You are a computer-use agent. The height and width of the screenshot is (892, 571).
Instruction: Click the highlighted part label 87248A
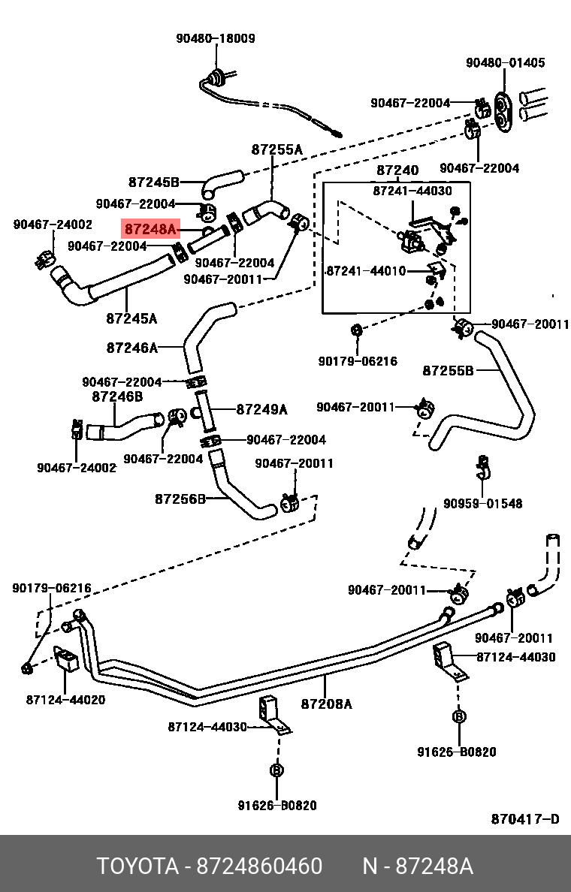point(150,228)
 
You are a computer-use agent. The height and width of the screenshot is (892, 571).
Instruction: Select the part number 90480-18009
point(216,38)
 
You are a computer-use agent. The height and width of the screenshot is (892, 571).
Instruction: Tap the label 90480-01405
point(505,63)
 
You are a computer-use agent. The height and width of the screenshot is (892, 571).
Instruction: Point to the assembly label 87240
point(397,171)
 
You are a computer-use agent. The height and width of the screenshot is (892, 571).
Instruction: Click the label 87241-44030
point(412,191)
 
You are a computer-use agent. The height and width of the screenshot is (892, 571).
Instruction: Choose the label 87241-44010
point(365,270)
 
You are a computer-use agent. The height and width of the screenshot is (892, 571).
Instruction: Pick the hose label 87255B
point(448,370)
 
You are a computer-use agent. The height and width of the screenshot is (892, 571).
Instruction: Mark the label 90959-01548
point(482,503)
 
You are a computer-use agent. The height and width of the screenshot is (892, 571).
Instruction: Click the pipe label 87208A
point(326,704)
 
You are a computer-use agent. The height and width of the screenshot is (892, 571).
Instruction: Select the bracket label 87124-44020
point(65,700)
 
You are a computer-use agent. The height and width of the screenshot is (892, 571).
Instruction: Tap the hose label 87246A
point(132,348)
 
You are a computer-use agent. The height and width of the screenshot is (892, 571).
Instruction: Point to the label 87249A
point(261,409)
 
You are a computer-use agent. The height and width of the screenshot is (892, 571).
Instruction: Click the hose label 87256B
point(180,499)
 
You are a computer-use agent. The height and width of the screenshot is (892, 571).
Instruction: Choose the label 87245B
point(153,182)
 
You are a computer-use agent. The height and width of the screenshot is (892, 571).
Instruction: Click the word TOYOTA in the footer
point(136,866)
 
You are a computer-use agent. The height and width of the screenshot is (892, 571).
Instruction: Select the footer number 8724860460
point(259,866)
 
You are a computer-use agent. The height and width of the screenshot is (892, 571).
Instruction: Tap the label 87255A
point(276,149)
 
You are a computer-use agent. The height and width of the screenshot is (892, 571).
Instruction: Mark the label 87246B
point(117,396)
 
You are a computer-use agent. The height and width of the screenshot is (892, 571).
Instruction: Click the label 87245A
point(131,318)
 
